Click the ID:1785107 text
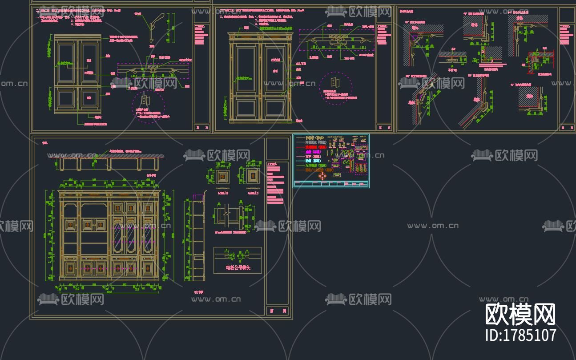tap(520, 335)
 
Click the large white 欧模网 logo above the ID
tap(520, 315)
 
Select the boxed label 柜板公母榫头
tap(238, 268)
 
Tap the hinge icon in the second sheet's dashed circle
tap(334, 83)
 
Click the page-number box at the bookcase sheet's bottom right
tap(277, 311)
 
